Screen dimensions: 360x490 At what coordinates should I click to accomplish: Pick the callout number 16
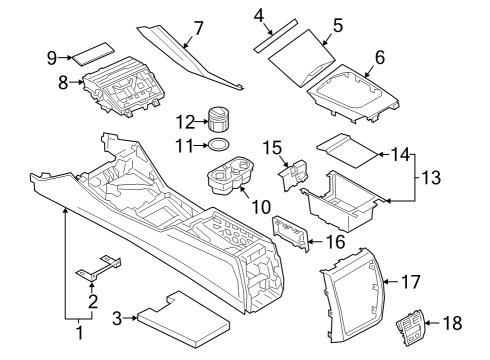(334, 242)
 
